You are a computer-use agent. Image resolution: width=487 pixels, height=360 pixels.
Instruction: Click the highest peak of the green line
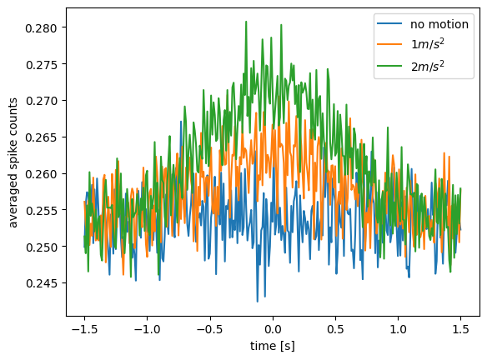246,22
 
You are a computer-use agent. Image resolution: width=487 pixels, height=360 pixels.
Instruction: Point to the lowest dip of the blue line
257,302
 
